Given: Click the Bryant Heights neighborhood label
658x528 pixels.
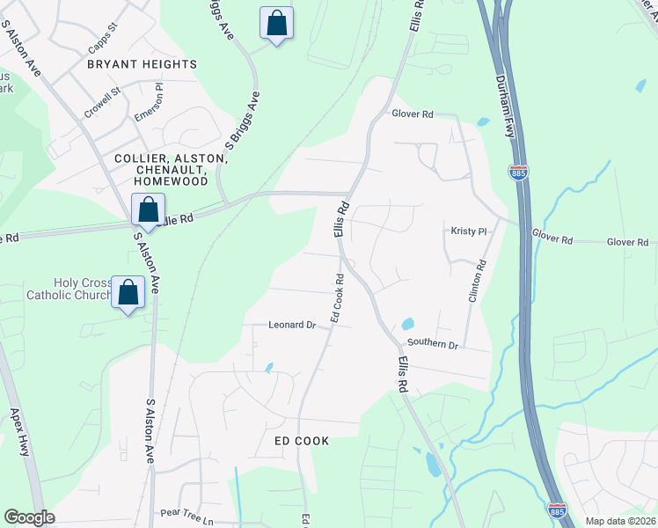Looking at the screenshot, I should (x=142, y=64).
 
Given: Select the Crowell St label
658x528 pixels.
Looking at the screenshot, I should (x=101, y=101).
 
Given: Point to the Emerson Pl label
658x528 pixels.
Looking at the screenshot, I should (x=148, y=106).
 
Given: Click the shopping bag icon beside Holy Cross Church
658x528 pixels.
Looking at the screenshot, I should (x=128, y=293).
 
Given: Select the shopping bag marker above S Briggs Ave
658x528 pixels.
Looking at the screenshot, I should (x=276, y=24).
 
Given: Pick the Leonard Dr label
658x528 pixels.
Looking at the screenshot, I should (x=291, y=325).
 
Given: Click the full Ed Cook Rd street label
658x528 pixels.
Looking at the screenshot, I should (x=336, y=297).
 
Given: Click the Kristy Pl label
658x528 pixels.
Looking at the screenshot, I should (x=469, y=231).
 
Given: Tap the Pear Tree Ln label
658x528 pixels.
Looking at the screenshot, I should (x=186, y=511).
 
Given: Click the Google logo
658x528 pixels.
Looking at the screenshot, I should (x=29, y=517).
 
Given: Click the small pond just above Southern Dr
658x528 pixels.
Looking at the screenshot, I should (x=406, y=325).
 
